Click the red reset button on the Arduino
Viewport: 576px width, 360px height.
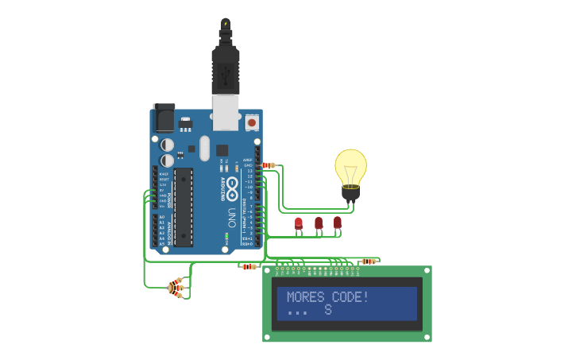tap(252, 122)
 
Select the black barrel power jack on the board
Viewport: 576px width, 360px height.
tap(164, 118)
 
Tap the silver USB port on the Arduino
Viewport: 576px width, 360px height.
tap(226, 113)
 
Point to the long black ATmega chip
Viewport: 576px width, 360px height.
tap(184, 207)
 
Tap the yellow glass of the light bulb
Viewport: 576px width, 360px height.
tap(350, 165)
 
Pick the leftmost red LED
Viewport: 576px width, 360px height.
tap(299, 224)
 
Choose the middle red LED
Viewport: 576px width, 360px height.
tap(319, 224)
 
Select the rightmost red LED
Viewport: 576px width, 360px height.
tap(338, 223)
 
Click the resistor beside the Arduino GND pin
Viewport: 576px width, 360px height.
tap(269, 165)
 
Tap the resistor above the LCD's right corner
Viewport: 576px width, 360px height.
tap(368, 261)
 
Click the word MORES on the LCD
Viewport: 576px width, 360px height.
tap(304, 297)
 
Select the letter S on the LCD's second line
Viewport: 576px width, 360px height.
tap(327, 310)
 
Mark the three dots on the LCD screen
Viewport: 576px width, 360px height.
tap(297, 312)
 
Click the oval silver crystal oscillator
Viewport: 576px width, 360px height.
tap(204, 149)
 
